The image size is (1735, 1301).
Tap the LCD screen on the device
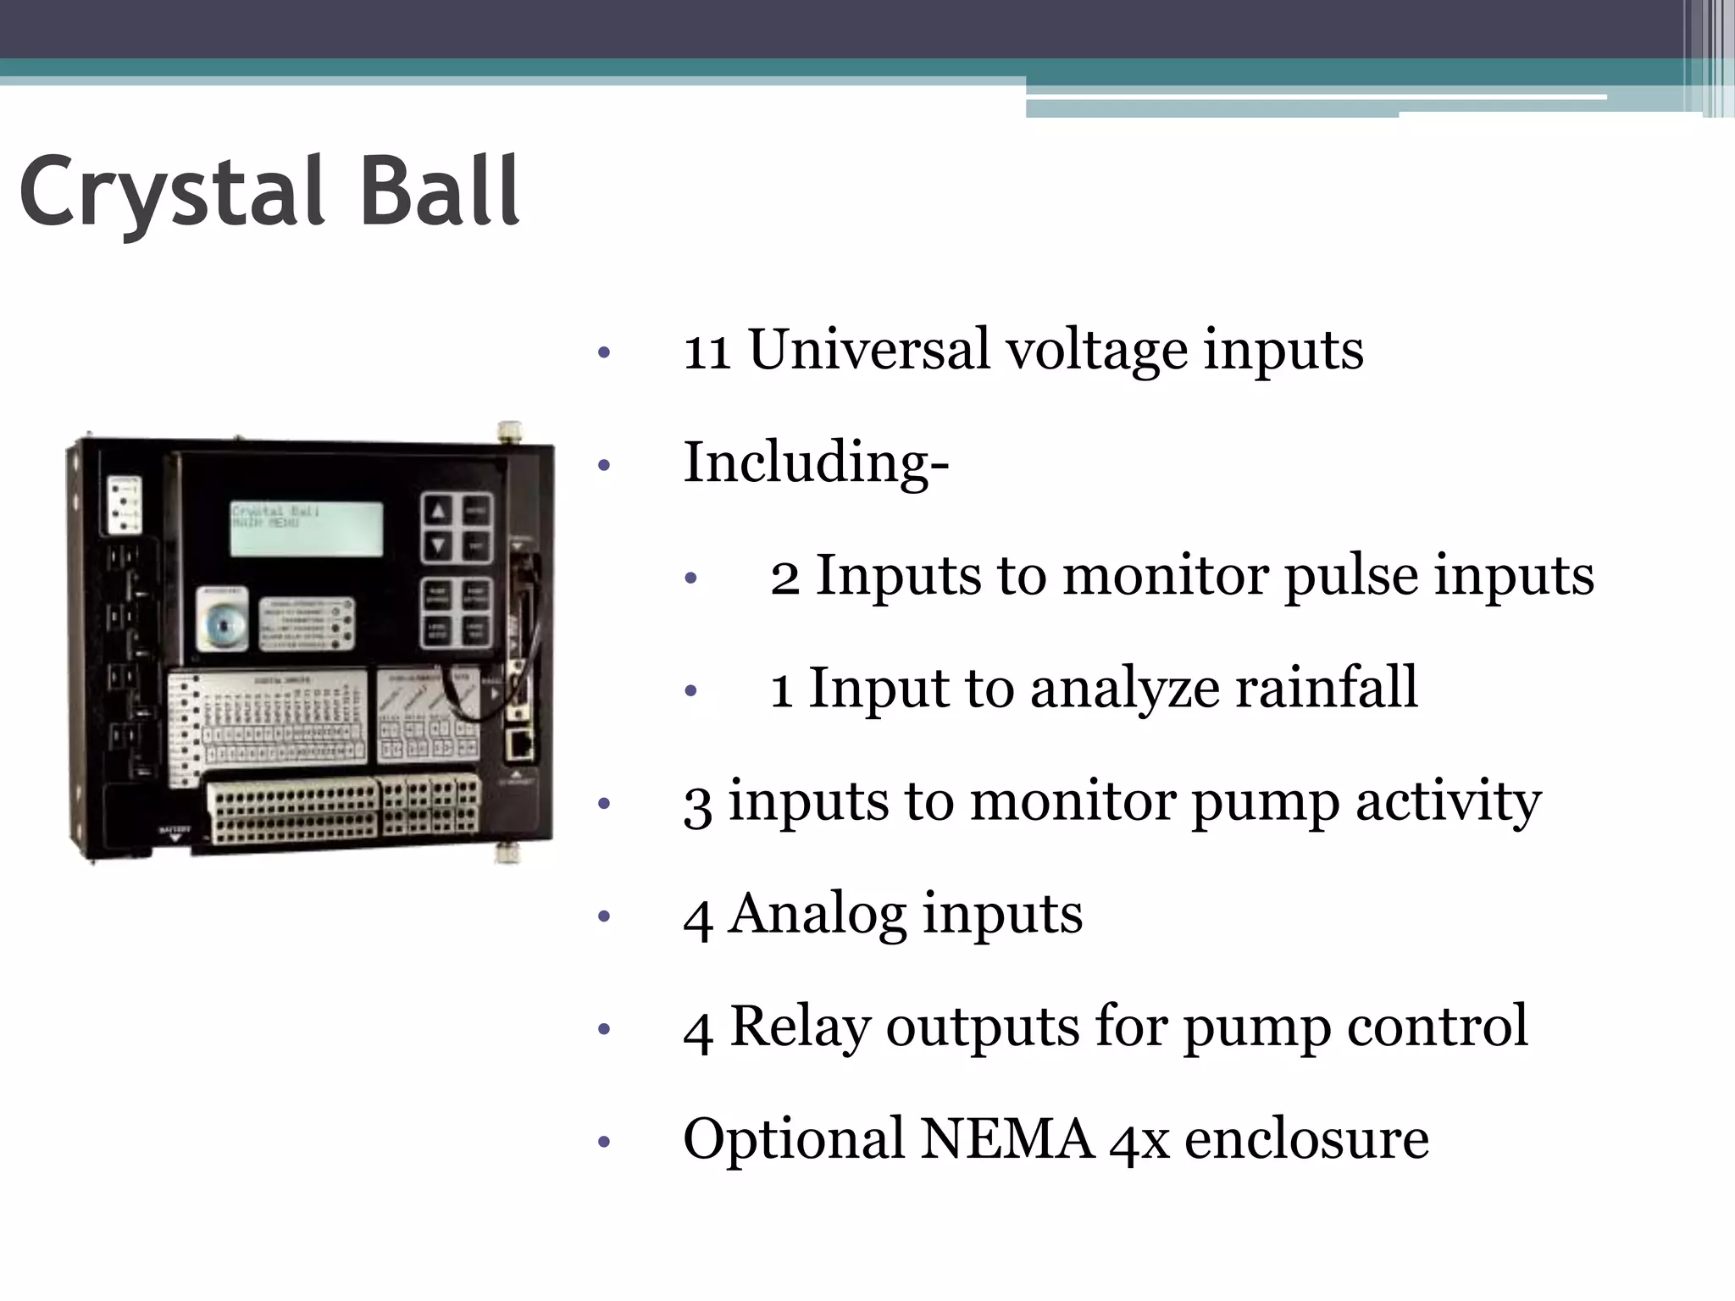[x=306, y=529]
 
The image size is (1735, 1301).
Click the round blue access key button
[x=223, y=625]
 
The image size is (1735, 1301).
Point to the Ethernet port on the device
[x=518, y=745]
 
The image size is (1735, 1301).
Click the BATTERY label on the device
[x=175, y=828]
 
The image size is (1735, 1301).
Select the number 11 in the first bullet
[x=707, y=350]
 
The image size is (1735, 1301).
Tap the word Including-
[x=816, y=462]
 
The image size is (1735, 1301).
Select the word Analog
[x=818, y=915]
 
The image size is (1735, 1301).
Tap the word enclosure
[x=1305, y=1139]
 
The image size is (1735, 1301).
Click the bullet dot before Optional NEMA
[x=603, y=1142]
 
